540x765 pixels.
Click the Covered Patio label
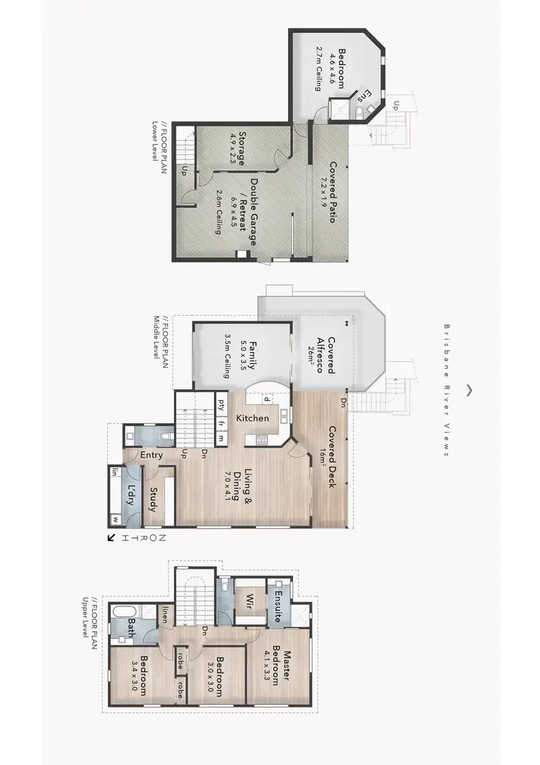(332, 192)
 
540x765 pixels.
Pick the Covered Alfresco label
(331, 355)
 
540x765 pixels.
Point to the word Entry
(152, 455)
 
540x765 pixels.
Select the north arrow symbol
(112, 537)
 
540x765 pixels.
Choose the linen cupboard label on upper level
(165, 614)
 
